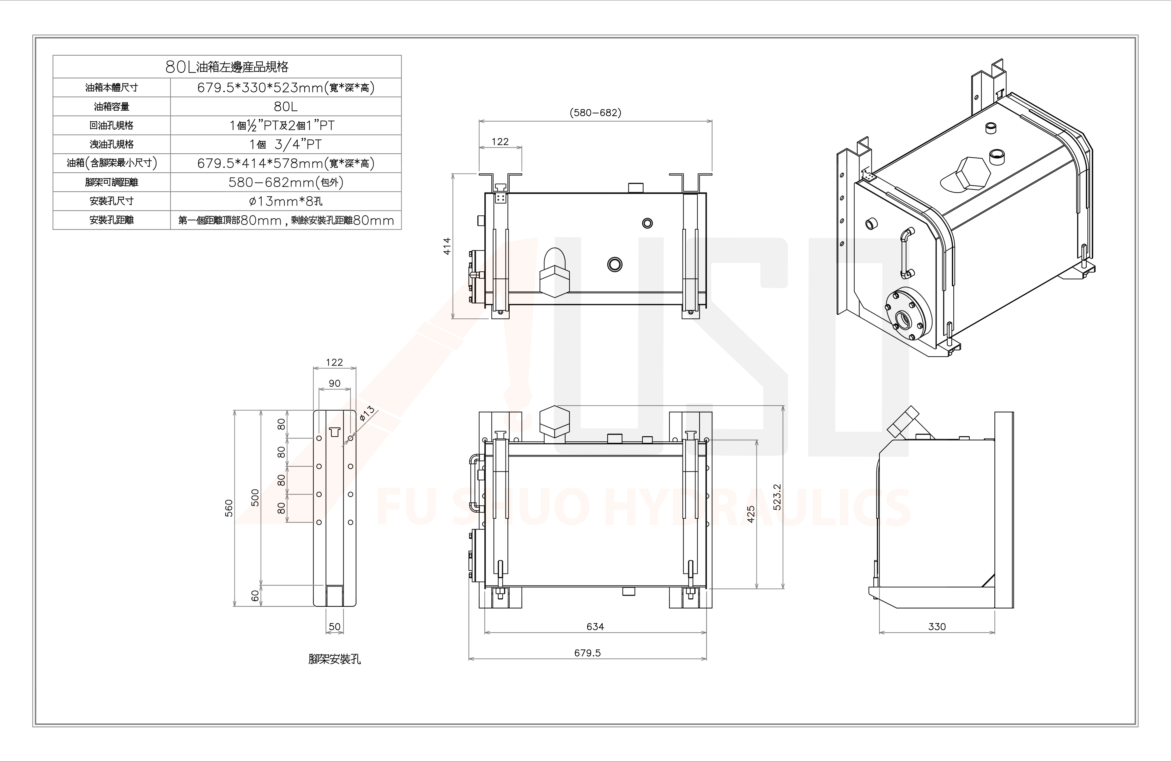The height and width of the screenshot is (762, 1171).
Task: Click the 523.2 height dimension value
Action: coord(777,497)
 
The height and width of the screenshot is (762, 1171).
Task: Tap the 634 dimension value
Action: coord(595,627)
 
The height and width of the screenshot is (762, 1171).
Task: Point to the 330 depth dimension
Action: coord(937,627)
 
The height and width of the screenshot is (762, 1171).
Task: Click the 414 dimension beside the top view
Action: coord(447,246)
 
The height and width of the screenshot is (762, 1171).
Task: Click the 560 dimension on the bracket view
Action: coord(229,508)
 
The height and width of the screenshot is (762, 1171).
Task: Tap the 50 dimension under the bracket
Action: coord(335,627)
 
